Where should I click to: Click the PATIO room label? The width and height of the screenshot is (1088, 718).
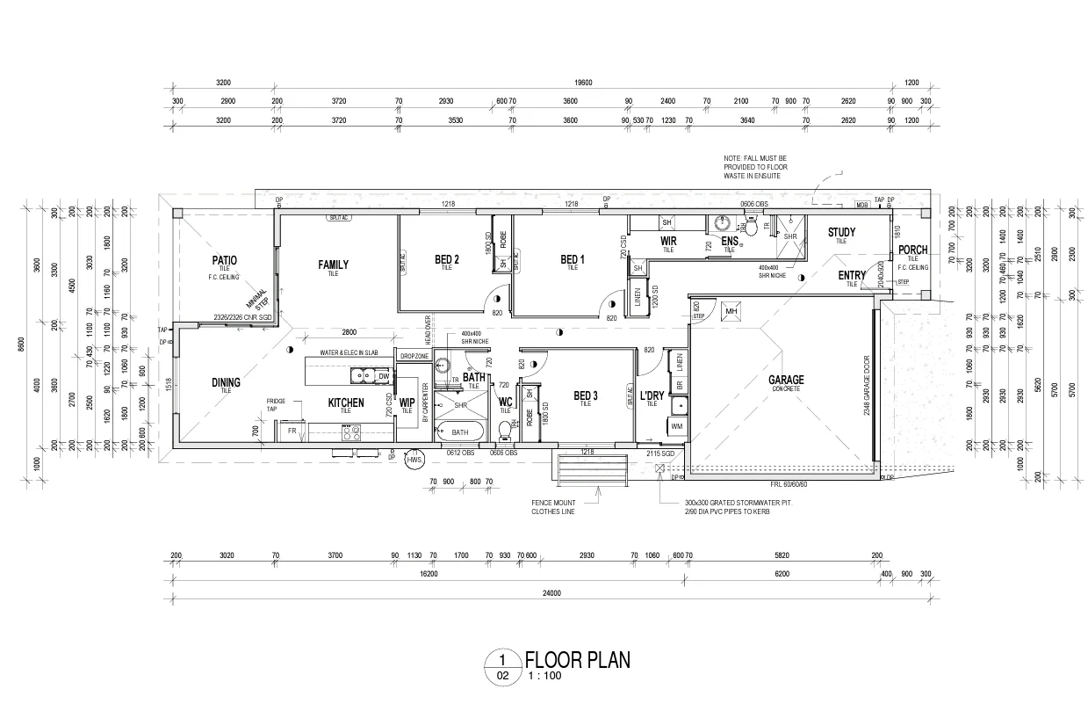225,260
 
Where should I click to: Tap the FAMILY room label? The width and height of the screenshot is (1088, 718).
333,265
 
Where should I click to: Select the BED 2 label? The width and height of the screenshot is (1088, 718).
447,259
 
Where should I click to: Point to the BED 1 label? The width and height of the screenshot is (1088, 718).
573,259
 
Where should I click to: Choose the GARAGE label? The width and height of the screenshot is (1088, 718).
787,381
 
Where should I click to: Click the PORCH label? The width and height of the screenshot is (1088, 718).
912,250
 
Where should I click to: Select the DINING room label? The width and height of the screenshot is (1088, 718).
226,382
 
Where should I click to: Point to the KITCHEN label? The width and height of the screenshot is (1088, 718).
346,403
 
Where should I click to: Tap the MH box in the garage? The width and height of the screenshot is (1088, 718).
731,311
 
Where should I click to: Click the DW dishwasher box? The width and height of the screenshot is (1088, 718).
383,376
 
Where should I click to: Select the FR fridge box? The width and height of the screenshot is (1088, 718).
292,432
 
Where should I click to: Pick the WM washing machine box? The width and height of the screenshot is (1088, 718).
676,426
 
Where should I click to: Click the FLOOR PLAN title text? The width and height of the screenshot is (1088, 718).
577,660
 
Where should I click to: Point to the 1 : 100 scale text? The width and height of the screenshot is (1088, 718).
544,676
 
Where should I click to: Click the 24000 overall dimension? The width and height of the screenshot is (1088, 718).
551,594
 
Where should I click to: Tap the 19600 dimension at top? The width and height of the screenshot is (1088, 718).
584,83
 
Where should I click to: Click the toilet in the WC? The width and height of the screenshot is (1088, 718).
505,430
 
